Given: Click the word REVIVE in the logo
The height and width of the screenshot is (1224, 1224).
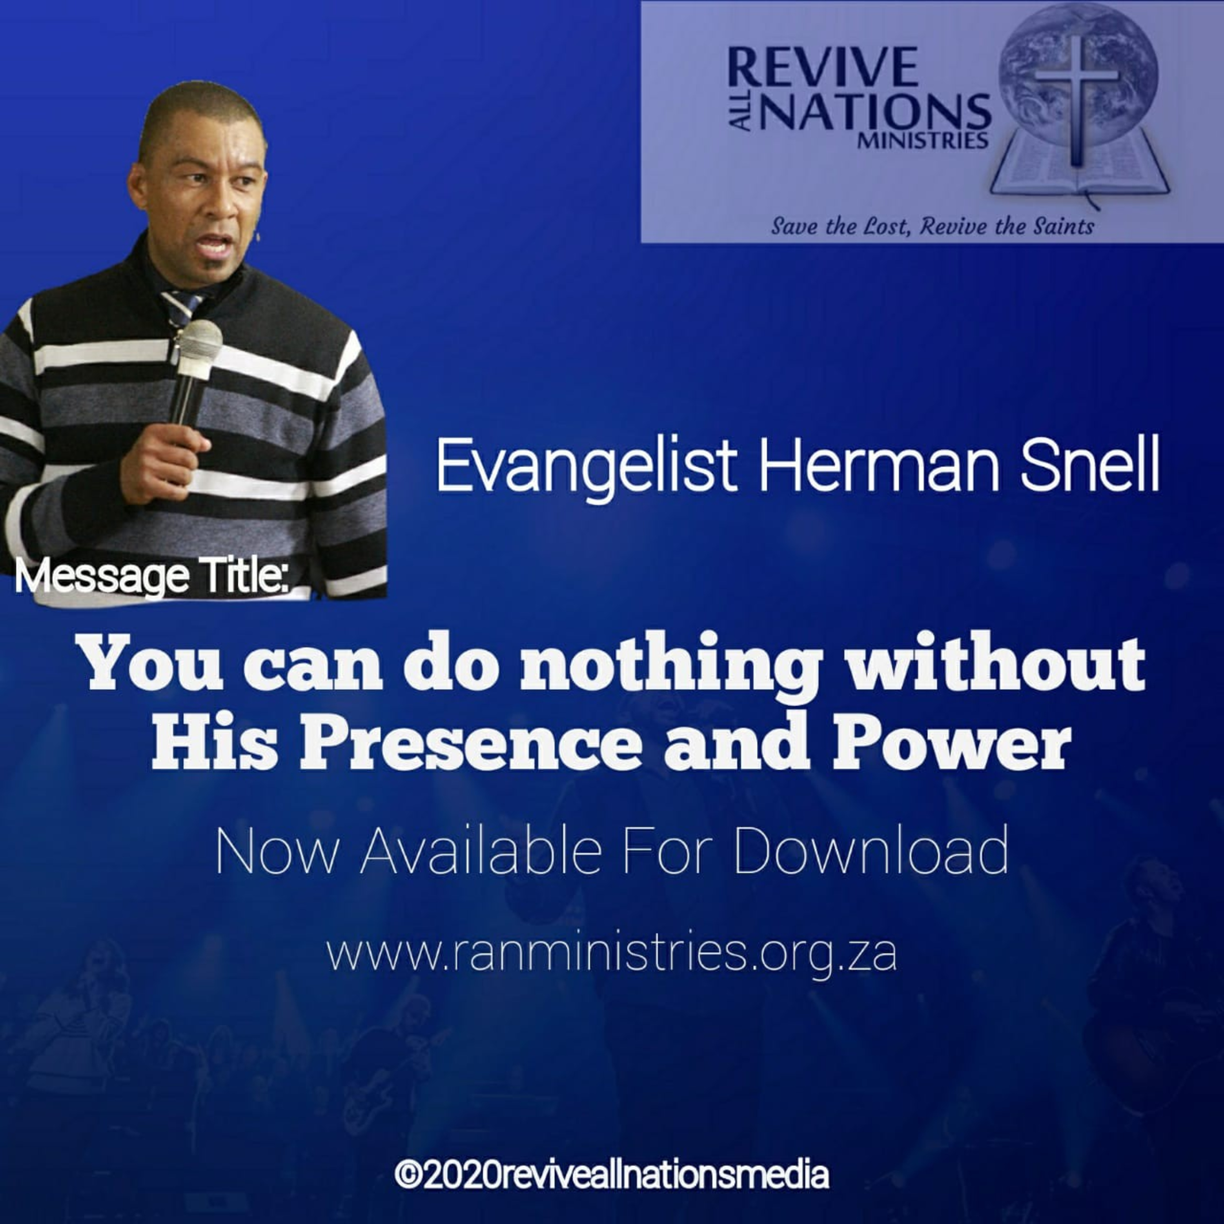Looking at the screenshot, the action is pos(823,67).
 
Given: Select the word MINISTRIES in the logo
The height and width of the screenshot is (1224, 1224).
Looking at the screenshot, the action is pos(922,140).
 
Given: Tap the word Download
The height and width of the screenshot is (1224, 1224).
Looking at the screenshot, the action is pos(871,852).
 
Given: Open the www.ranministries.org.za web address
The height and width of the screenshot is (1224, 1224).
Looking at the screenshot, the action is pos(611,956).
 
